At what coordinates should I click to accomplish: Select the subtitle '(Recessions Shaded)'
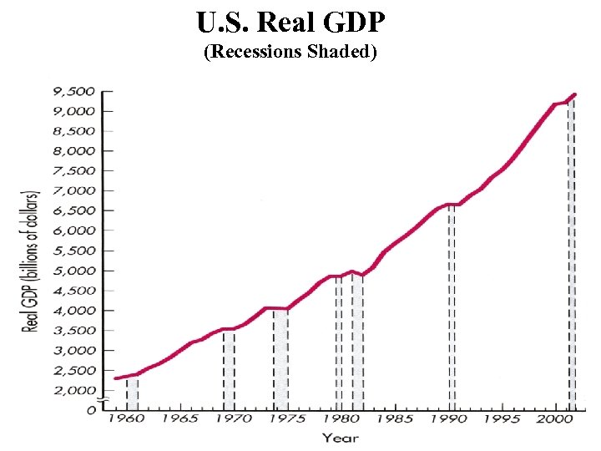291,53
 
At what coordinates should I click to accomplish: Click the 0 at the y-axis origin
90,410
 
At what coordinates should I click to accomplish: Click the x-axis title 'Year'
341,438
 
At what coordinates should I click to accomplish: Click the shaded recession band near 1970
229,367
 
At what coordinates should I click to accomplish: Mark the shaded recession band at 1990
452,309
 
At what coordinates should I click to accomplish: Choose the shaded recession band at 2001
572,251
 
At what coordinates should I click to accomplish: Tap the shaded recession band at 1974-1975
280,359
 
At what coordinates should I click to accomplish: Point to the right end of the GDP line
574,94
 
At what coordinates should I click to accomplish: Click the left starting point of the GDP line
116,378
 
